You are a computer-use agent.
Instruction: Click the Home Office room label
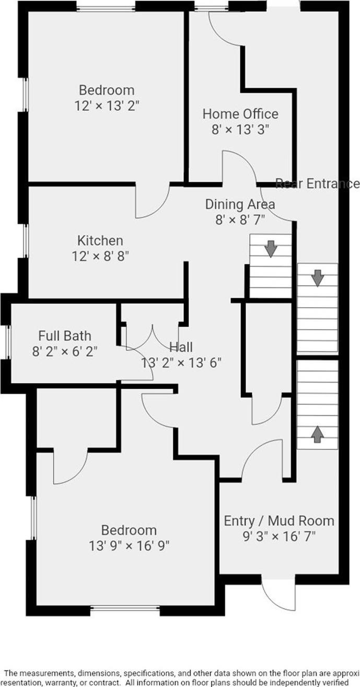(x=240, y=113)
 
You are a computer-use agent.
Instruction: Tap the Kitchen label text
(x=100, y=241)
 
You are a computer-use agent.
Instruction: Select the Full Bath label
(x=65, y=335)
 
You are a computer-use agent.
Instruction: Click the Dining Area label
(x=240, y=204)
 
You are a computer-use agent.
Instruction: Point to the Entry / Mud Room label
(x=279, y=520)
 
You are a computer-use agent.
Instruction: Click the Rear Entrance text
(x=317, y=183)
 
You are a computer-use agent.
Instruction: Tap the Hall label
(x=181, y=347)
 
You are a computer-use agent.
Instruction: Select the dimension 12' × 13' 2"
(x=107, y=105)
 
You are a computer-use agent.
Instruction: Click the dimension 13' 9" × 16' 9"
(x=129, y=546)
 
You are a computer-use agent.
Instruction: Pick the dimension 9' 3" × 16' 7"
(x=279, y=535)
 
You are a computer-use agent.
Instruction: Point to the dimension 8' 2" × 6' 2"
(x=65, y=351)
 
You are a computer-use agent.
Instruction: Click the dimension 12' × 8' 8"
(x=100, y=256)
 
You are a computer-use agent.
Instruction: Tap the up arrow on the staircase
(x=317, y=434)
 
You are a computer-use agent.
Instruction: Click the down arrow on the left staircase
(x=271, y=249)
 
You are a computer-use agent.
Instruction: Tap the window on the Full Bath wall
(x=8, y=342)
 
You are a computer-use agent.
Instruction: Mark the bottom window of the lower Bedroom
(x=125, y=608)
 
